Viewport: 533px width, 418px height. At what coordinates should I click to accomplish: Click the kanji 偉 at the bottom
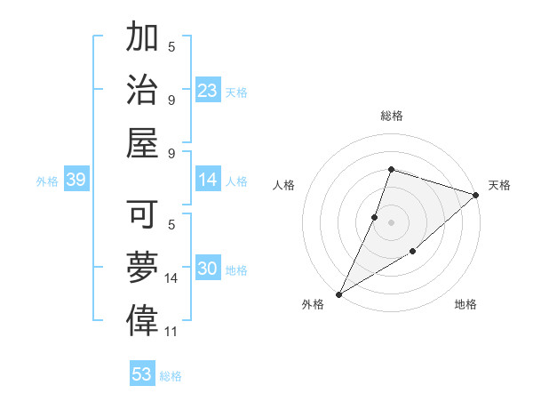(x=142, y=320)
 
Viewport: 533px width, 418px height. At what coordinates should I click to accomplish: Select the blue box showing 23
(x=208, y=91)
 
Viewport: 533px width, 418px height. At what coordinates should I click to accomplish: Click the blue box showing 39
(x=76, y=181)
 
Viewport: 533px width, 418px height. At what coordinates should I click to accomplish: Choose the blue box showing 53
(x=142, y=374)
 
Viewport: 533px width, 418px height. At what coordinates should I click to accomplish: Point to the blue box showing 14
(x=208, y=181)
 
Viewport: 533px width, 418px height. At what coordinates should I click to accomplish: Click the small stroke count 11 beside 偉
(x=171, y=332)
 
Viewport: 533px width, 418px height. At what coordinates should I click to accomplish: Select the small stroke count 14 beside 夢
(x=171, y=278)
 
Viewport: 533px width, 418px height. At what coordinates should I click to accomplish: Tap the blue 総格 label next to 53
(x=171, y=375)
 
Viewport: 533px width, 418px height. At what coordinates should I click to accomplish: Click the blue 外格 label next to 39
(x=47, y=181)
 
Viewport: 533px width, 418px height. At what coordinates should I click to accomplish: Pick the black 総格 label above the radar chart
(x=391, y=116)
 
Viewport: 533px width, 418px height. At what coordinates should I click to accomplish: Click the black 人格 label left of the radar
(x=284, y=185)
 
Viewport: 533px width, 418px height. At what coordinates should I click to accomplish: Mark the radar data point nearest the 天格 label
(x=476, y=195)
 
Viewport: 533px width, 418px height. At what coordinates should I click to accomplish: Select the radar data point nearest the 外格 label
(x=338, y=293)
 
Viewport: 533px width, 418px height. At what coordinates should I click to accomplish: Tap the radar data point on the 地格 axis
(x=413, y=253)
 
